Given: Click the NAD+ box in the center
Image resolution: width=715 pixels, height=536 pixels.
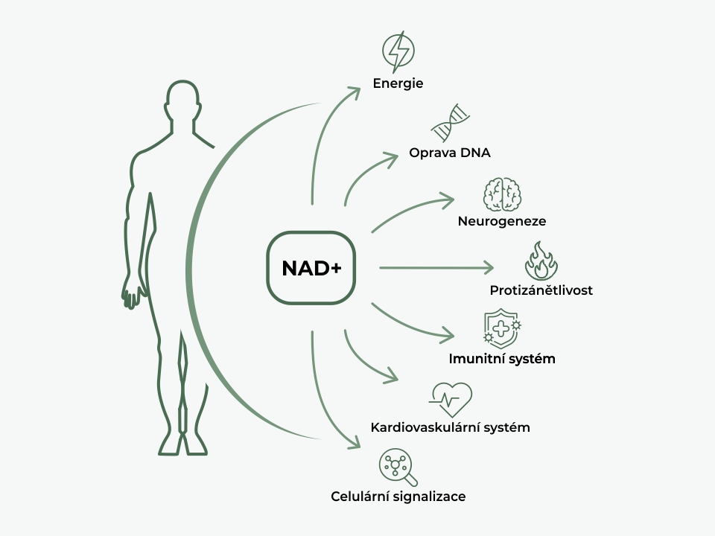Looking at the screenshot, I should pos(311,268).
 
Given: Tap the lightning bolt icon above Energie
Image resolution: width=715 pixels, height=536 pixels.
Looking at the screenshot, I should pos(398,50).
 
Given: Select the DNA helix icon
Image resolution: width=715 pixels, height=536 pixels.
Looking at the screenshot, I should pos(452,122).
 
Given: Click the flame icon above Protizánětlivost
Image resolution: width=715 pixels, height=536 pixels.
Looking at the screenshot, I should pos(541,260).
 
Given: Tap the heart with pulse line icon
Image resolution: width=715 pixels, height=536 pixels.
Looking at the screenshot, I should pos(451,400).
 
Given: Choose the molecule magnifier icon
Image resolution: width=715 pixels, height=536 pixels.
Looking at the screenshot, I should pos(398,468).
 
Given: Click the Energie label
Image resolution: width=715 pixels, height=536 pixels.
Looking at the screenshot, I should pos(398,83).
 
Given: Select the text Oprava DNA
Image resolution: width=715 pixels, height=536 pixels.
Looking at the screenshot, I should pos(450,153).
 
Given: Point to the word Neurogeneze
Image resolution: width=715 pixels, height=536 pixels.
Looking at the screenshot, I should pos(502,221).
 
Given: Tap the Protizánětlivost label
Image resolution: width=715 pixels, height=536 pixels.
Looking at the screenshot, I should pos(541,290).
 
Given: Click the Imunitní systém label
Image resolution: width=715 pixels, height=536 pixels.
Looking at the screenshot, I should pos(502,359).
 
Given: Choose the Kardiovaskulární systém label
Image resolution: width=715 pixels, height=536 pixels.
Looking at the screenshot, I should pos(450,427).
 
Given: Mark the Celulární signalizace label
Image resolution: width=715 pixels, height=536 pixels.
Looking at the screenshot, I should pos(398,496).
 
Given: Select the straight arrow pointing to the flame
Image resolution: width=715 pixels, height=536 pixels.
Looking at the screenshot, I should pos(436,267).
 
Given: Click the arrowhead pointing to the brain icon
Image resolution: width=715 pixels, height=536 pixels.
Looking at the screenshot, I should pos(447,200).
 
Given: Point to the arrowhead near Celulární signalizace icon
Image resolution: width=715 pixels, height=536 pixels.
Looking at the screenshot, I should pos(355,446).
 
